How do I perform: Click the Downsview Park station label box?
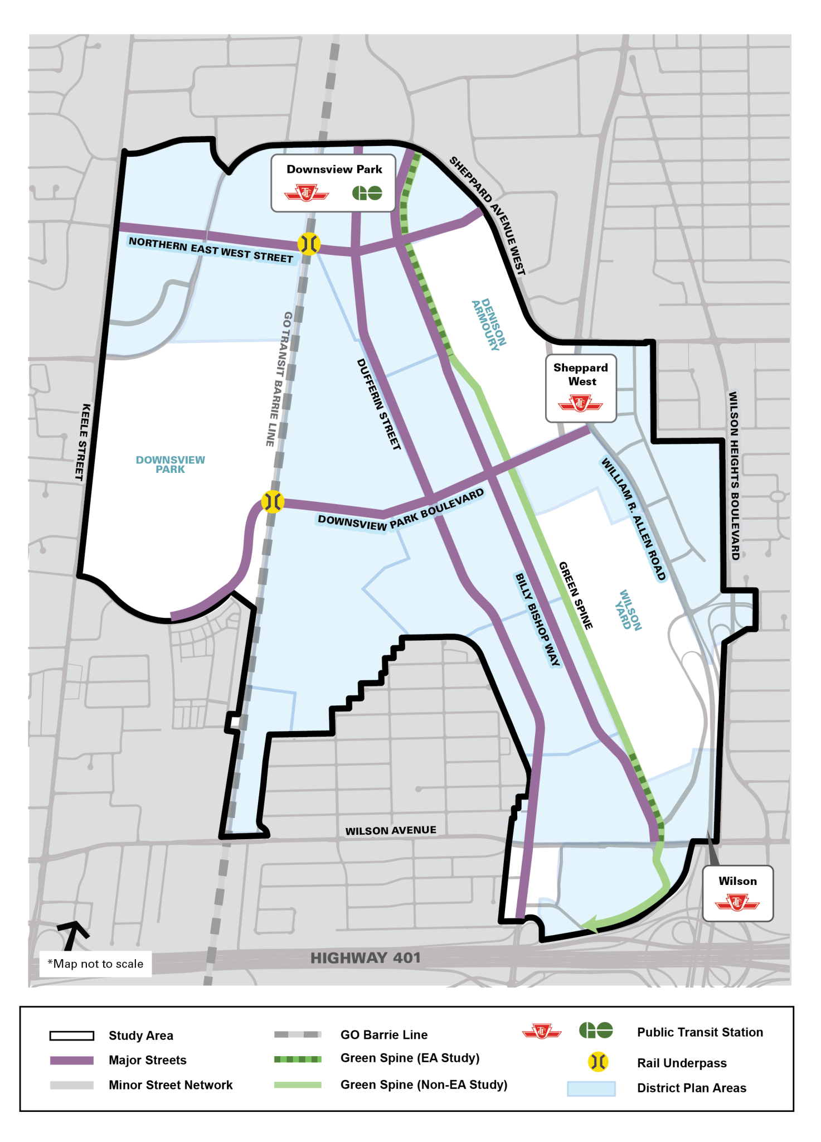click(333, 183)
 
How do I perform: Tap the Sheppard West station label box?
click(581, 388)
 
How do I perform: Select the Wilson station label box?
click(737, 893)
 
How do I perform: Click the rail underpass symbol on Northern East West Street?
click(309, 244)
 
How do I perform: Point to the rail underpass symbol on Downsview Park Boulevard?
click(273, 502)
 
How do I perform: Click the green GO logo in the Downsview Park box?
click(367, 193)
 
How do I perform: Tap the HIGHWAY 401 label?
click(365, 958)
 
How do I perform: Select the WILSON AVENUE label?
click(390, 831)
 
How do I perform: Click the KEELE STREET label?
click(82, 442)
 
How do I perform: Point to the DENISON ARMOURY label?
click(489, 323)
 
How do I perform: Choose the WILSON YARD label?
click(628, 610)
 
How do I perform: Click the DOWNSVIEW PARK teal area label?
click(170, 464)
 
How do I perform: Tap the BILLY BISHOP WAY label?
click(537, 619)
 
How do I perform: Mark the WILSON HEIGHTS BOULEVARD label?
click(734, 475)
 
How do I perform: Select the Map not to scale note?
click(95, 964)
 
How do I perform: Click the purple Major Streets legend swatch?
click(72, 1060)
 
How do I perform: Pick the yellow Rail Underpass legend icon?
click(597, 1062)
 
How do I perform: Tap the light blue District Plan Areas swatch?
click(591, 1088)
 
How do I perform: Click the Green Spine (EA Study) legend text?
click(410, 1058)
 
